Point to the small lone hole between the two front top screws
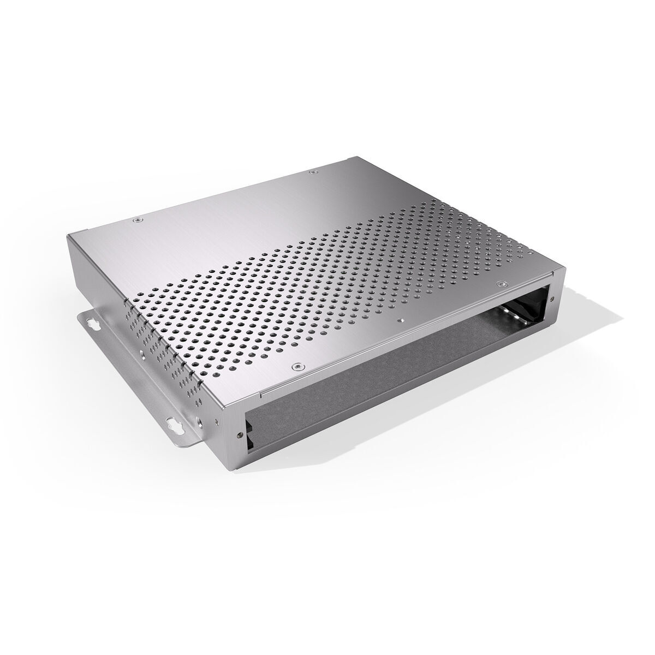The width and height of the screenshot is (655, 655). (x=402, y=320)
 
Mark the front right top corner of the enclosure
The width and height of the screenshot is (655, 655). (x=559, y=270)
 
